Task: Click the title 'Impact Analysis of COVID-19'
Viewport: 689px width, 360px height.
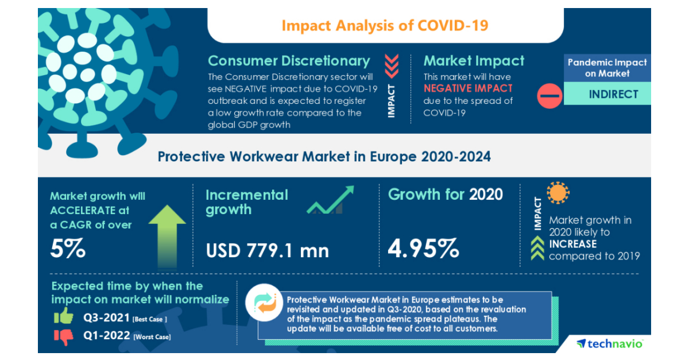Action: [x=385, y=26]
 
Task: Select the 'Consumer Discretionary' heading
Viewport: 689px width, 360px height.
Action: [x=289, y=61]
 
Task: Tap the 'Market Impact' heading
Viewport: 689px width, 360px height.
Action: [x=474, y=61]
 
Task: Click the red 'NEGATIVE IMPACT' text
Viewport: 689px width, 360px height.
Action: [x=468, y=88]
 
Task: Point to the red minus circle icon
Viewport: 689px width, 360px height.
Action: [x=549, y=95]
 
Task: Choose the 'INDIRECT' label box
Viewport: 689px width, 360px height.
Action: [x=613, y=94]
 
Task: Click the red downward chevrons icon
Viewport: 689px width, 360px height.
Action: [x=391, y=65]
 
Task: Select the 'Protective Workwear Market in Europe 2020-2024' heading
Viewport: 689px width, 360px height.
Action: [x=324, y=156]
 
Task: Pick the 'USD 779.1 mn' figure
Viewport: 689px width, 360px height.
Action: [x=267, y=250]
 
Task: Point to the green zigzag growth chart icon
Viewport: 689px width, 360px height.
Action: [x=330, y=200]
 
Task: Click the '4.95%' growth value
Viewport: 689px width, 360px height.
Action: [x=424, y=249]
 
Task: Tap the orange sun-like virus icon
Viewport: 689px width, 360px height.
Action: [x=558, y=193]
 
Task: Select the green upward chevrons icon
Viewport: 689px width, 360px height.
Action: [x=537, y=249]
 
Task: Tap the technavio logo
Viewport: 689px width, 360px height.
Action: [x=610, y=343]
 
